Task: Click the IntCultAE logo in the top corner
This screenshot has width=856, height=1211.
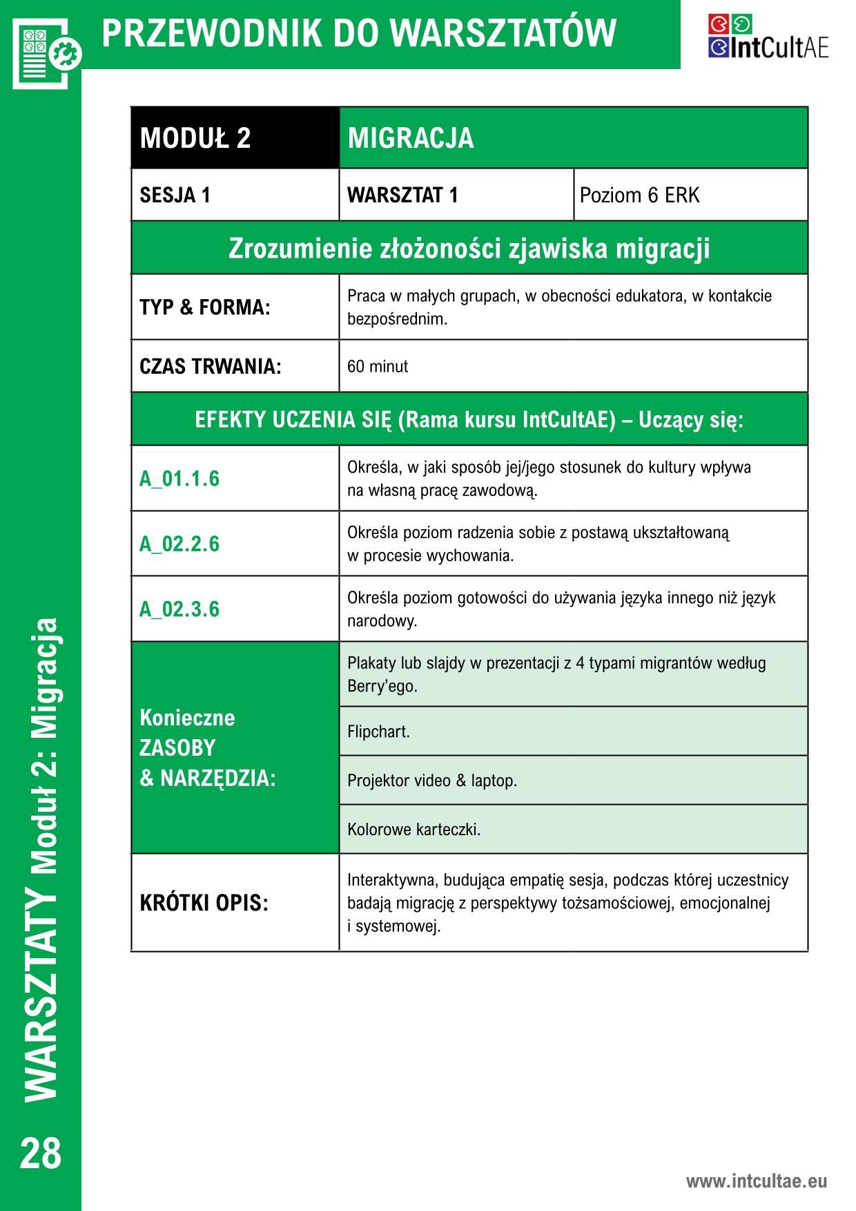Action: [767, 36]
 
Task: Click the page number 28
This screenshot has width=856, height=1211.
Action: [41, 1153]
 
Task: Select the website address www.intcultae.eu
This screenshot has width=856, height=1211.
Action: [756, 1181]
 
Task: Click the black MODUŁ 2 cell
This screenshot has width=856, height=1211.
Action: [235, 137]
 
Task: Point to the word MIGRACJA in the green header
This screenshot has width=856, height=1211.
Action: [411, 137]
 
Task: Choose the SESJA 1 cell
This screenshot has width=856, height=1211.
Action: [235, 196]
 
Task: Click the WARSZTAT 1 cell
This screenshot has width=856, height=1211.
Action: [456, 196]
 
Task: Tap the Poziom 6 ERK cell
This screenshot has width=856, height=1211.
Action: [690, 196]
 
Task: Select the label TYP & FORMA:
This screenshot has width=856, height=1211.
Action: [205, 307]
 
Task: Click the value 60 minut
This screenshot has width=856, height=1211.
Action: [378, 366]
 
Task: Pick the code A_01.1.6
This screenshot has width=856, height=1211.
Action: [179, 479]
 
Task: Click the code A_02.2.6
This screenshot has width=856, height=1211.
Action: [179, 544]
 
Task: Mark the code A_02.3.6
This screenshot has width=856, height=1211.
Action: [179, 609]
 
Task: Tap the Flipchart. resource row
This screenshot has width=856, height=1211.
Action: [573, 732]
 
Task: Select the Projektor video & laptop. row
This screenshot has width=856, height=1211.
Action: [573, 781]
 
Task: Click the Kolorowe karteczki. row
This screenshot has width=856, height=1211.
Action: [573, 829]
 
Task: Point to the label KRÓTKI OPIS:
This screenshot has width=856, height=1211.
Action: [204, 903]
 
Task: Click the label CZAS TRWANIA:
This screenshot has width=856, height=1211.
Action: [211, 366]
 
